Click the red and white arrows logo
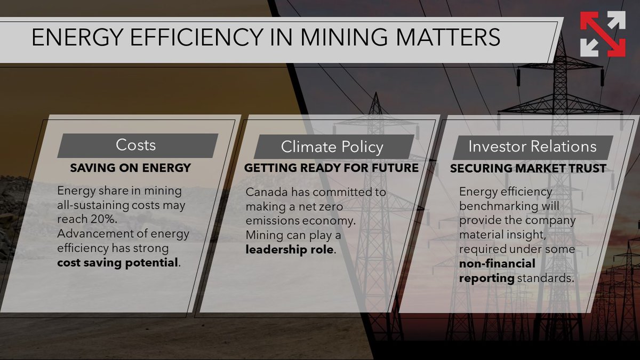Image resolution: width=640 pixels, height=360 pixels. click(x=603, y=34)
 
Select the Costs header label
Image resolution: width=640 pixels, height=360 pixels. click(x=135, y=145)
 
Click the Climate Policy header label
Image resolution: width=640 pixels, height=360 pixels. click(x=332, y=147)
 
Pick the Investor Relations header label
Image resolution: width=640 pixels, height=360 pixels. click(x=532, y=147)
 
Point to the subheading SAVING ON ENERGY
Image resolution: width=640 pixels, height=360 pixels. click(x=130, y=168)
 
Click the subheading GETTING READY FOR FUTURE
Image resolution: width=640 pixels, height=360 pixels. click(x=331, y=168)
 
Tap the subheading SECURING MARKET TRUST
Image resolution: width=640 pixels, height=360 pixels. click(x=528, y=169)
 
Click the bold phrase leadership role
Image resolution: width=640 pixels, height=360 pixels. click(x=290, y=249)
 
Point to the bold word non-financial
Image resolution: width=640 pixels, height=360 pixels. click(x=497, y=263)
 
